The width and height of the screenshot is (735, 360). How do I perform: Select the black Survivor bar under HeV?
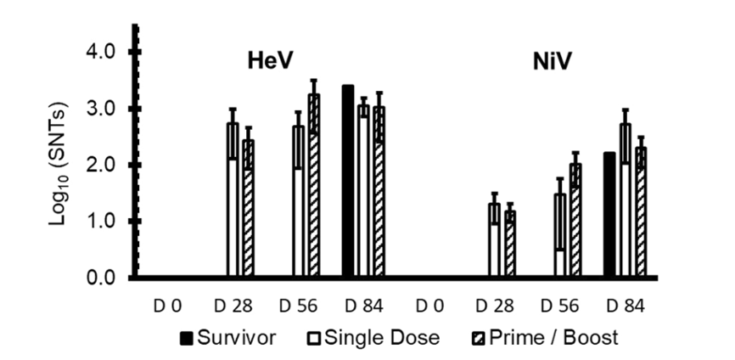click(347, 182)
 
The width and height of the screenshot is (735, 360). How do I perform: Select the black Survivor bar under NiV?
click(609, 216)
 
